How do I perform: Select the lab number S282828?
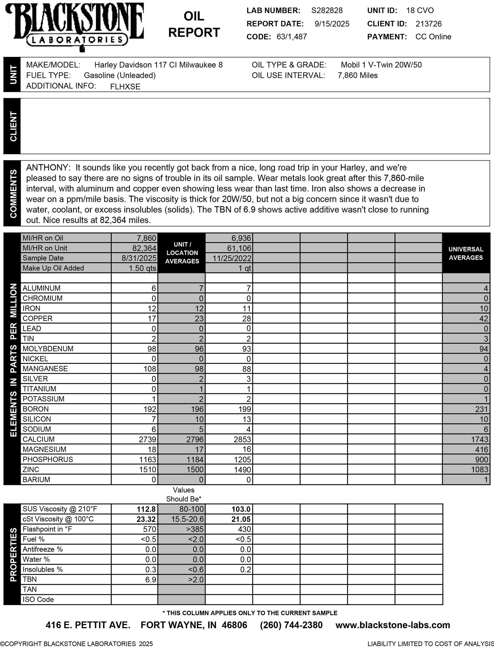327,10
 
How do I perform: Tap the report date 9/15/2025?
332,24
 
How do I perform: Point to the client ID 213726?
428,24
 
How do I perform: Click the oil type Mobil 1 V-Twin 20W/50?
381,65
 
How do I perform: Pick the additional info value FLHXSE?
125,87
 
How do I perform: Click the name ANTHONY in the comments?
48,168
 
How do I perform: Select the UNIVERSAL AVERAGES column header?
466,253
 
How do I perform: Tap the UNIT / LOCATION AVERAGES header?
182,253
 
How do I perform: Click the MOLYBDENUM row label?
48,349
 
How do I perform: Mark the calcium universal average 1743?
479,439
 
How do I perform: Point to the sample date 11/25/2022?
232,258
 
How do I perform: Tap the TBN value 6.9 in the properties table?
151,580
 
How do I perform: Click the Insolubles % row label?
43,569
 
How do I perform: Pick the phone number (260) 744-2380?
291,625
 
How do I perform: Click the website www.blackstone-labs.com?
393,625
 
